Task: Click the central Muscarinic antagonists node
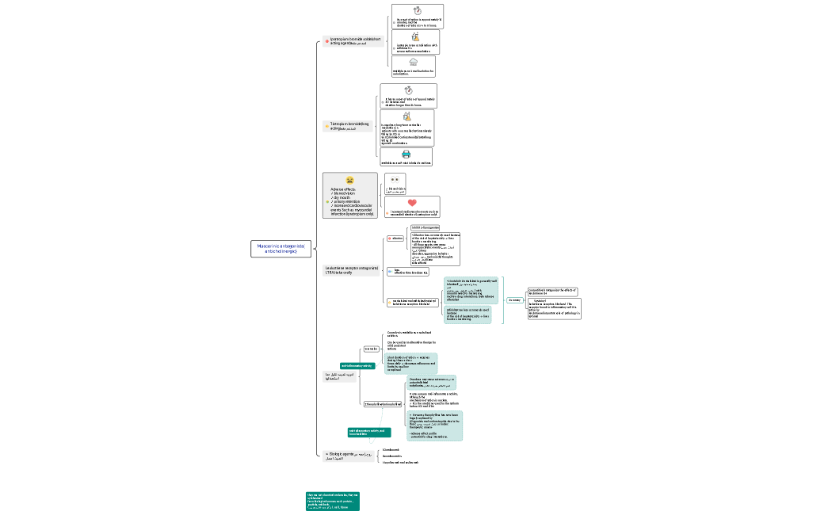point(282,248)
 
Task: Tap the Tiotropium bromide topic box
point(347,125)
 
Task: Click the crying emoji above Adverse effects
point(349,181)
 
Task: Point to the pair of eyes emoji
point(394,180)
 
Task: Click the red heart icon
point(411,203)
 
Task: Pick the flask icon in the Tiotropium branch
point(407,116)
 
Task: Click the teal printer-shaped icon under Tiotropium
point(406,154)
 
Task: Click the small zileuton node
point(395,238)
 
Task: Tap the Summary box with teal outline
point(514,300)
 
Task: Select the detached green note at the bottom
point(333,502)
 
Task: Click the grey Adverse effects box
point(349,196)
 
